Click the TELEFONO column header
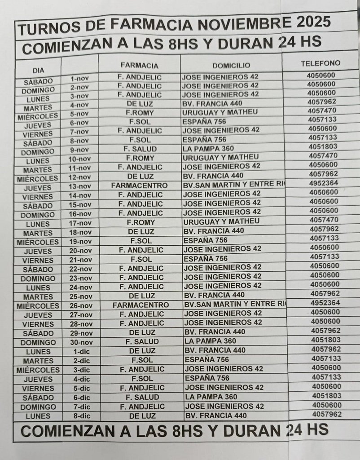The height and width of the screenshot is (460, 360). point(320,63)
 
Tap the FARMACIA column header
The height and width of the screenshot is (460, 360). point(139,66)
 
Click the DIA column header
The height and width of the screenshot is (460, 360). point(38,71)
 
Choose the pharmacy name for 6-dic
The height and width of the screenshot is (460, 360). point(142,397)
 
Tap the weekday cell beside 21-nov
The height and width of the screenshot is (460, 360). point(38,260)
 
